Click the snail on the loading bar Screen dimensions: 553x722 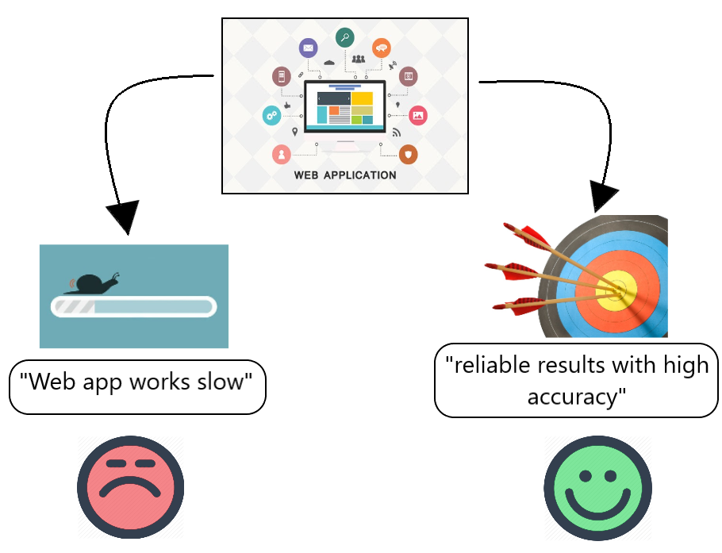point(93,282)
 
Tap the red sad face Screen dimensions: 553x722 point(130,487)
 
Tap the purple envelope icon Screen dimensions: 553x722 point(308,48)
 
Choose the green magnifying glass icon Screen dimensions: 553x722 point(344,36)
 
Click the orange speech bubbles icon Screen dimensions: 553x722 point(382,48)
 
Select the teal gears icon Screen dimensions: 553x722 point(271,116)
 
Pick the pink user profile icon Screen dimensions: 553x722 point(281,154)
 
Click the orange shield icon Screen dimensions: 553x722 point(408,154)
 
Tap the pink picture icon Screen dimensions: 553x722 point(418,116)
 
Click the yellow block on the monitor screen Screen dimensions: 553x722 point(363,98)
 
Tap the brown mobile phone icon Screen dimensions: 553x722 point(281,76)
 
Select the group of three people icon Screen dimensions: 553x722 point(359,58)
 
